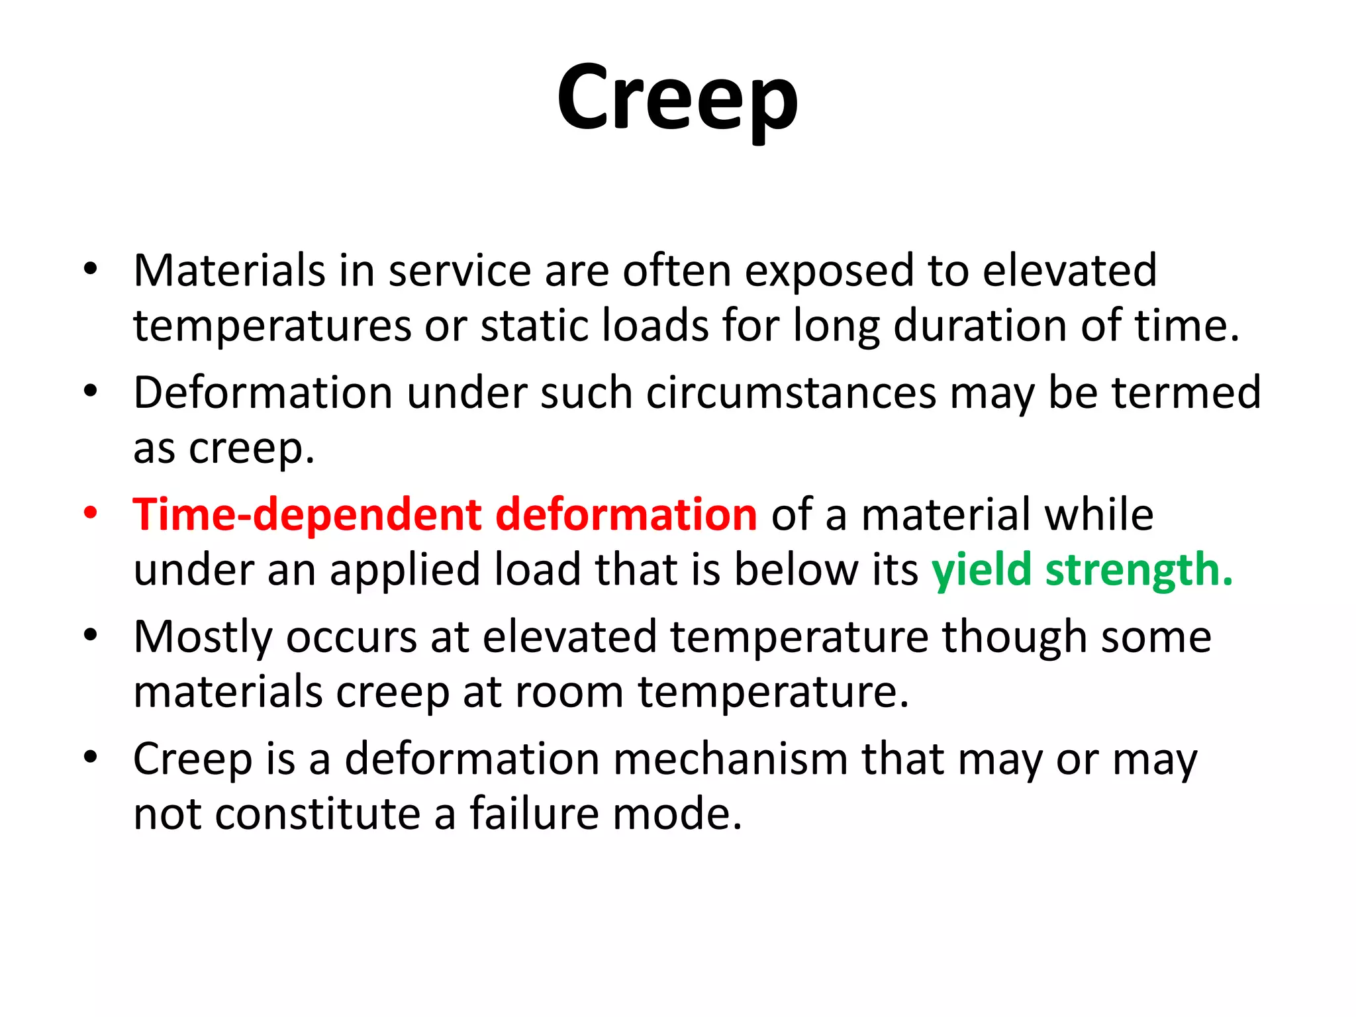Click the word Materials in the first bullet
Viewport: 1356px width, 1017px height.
[229, 271]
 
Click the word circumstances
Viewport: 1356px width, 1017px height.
[791, 393]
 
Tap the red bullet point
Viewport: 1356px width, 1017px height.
[91, 512]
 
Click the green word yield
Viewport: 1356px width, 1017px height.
[981, 571]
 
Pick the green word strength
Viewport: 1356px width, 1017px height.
[1139, 571]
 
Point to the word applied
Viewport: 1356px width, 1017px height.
[405, 571]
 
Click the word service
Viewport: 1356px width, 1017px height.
[460, 271]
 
